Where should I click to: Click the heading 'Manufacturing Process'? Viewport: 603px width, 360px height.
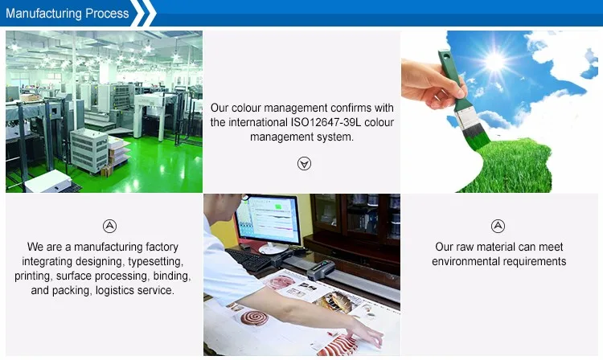click(68, 14)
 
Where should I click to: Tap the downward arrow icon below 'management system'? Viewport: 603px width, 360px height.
click(304, 164)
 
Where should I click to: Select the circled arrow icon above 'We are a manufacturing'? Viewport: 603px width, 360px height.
click(109, 226)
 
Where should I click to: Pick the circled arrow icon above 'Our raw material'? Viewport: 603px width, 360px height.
click(498, 226)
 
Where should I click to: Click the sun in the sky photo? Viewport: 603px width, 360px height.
click(495, 61)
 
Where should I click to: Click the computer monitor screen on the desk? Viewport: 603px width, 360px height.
click(269, 220)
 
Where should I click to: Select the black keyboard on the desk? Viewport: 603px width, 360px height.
click(248, 260)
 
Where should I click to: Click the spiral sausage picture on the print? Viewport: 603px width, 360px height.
click(254, 318)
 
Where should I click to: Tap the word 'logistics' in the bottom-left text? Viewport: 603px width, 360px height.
click(115, 290)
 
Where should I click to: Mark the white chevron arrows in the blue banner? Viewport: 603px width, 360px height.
click(143, 13)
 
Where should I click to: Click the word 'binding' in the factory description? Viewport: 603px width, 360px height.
click(172, 276)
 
